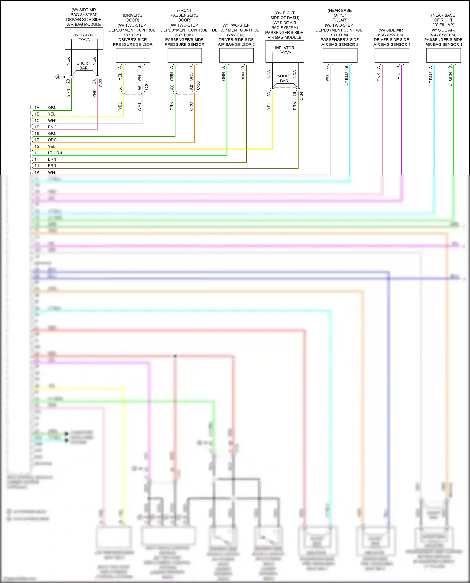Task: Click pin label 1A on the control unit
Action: [37, 107]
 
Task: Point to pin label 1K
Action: [37, 172]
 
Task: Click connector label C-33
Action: [101, 83]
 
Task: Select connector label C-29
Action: [146, 86]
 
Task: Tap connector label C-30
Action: [198, 86]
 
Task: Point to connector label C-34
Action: [301, 96]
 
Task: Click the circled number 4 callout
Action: [58, 77]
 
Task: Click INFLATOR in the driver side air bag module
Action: [84, 35]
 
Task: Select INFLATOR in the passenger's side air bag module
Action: [285, 48]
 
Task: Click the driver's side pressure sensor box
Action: [133, 56]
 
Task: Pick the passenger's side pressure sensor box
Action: [185, 56]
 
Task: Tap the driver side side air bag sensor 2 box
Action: [236, 56]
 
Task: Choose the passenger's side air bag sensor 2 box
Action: [340, 56]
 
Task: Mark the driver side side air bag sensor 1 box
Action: [392, 56]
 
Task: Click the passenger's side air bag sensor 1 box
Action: [443, 56]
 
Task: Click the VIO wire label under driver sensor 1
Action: [398, 76]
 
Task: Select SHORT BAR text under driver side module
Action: [83, 65]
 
